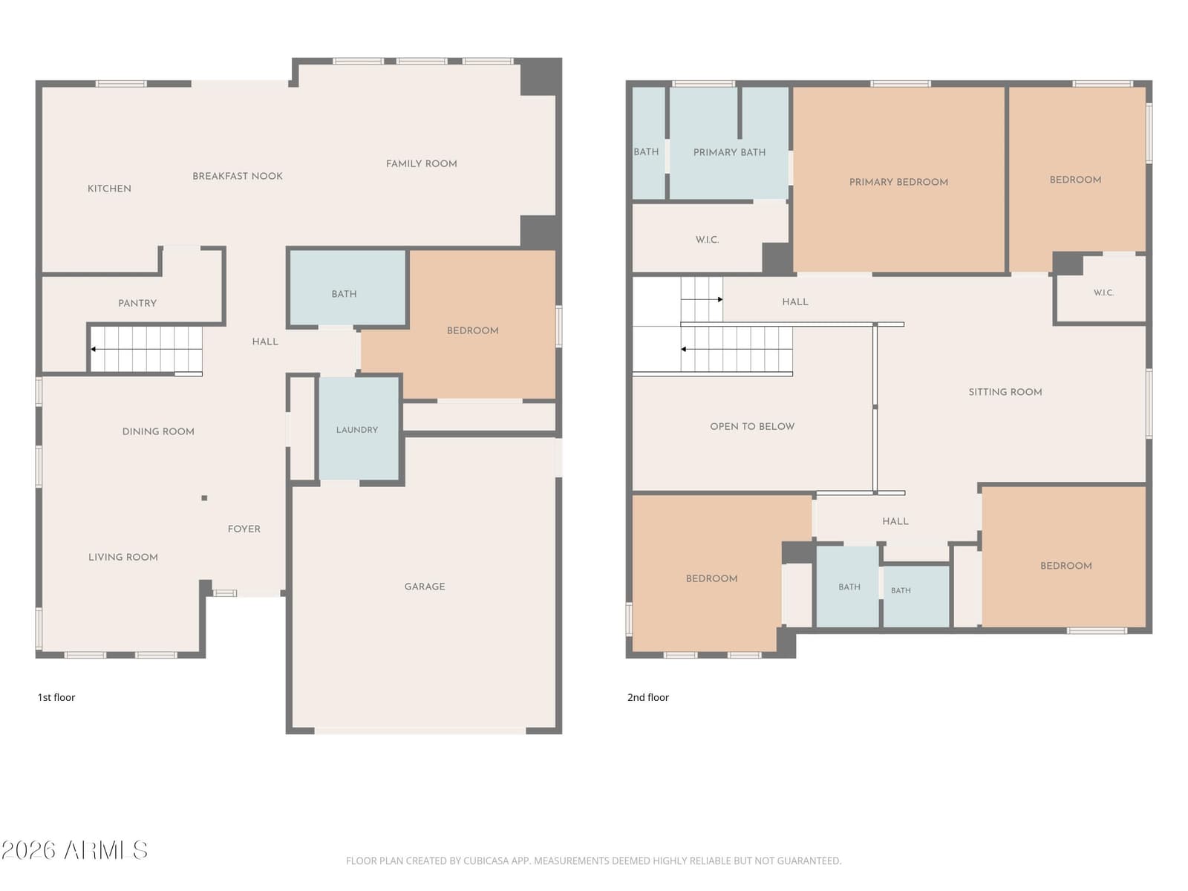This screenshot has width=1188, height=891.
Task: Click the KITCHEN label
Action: coord(109,189)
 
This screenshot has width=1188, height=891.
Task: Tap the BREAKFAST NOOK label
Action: coord(238,177)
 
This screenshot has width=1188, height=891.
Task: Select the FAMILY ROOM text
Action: coord(422,164)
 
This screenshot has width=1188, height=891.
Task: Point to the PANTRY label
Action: coord(137,304)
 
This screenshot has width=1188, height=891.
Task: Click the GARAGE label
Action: coord(425,587)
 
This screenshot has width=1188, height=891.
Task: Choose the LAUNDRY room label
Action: coord(357,430)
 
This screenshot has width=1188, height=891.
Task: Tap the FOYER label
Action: coord(244,529)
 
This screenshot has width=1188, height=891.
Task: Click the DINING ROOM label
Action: coord(158,431)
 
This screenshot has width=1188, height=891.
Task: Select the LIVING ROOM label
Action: coord(123,557)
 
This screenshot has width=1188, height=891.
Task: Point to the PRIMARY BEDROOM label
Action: coord(898,183)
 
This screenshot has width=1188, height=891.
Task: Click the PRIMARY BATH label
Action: coord(730,152)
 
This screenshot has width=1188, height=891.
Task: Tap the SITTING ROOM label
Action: coord(1005,392)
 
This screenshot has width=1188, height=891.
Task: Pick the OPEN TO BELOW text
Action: coord(752,426)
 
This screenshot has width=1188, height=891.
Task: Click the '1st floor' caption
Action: coord(56,697)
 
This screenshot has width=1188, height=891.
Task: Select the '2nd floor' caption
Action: coord(648,697)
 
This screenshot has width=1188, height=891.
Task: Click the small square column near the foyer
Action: coord(204,498)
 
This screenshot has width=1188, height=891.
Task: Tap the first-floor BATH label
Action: coord(345,294)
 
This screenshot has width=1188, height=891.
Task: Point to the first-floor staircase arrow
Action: coord(146,350)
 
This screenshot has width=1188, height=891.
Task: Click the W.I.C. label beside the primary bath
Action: coord(708,240)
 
